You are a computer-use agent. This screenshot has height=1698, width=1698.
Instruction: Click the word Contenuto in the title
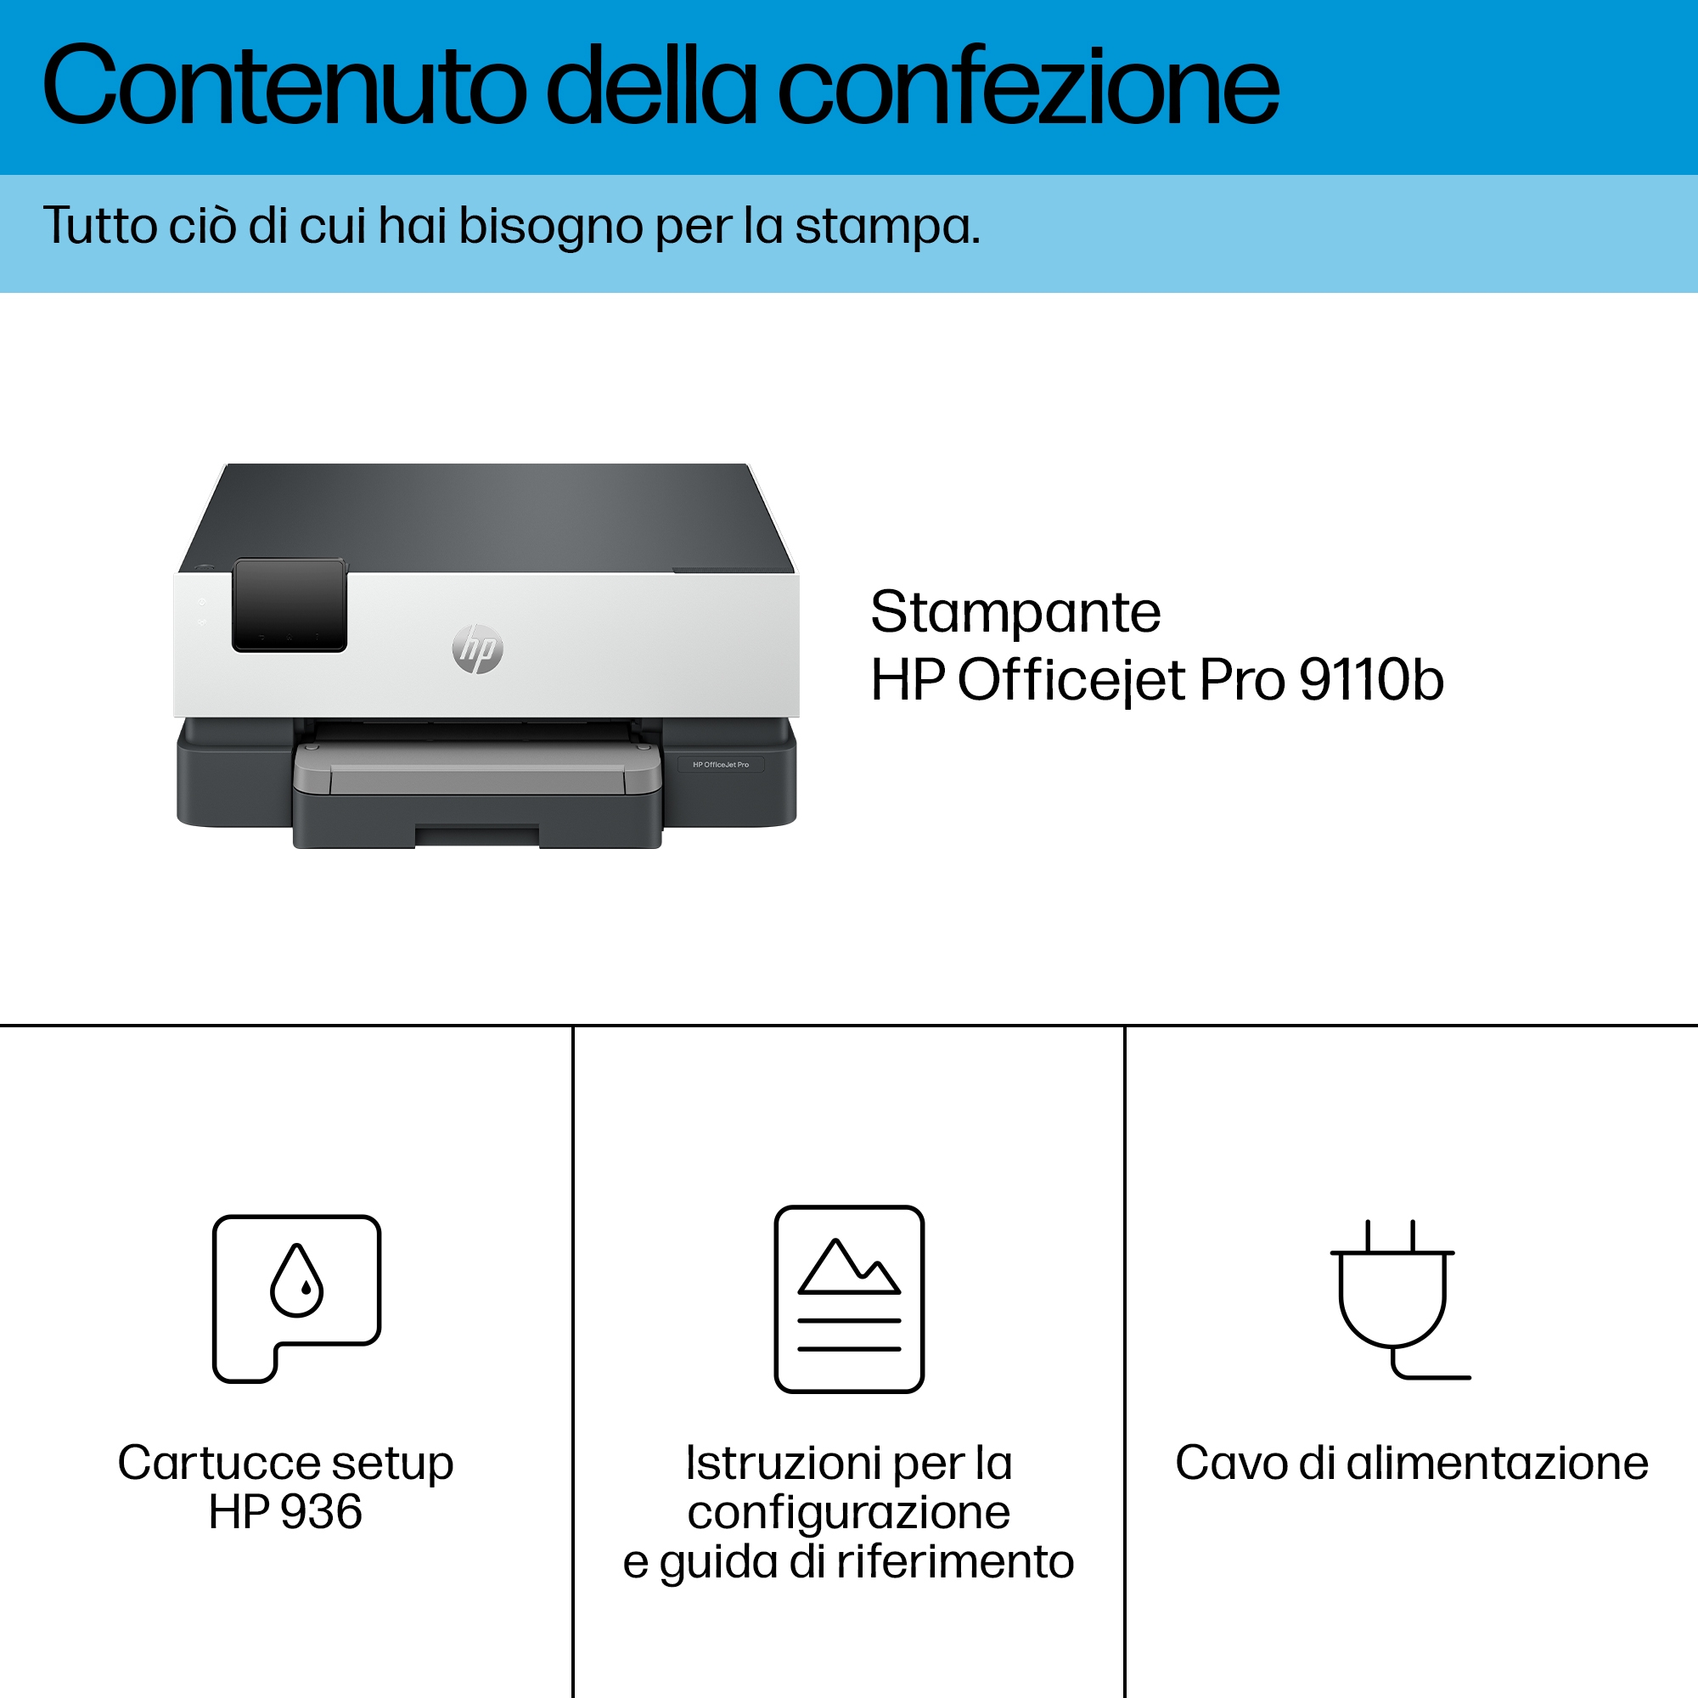pyautogui.click(x=284, y=86)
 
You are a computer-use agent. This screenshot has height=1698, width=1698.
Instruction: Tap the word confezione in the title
pyautogui.click(x=1028, y=84)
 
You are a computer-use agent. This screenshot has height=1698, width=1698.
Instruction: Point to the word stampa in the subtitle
pyautogui.click(x=888, y=228)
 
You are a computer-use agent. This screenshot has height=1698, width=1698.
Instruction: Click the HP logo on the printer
pyautogui.click(x=478, y=649)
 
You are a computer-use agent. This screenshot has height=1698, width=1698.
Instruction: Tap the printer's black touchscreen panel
pyautogui.click(x=290, y=604)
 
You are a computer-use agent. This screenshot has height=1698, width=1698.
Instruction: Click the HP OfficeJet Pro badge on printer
pyautogui.click(x=721, y=765)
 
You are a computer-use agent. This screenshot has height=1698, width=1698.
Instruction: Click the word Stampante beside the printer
pyautogui.click(x=1015, y=613)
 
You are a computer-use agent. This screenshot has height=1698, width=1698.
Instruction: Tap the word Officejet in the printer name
pyautogui.click(x=1071, y=681)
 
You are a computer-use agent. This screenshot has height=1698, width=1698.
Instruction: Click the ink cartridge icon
pyautogui.click(x=297, y=1298)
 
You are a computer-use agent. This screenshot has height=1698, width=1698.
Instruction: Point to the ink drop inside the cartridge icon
pyautogui.click(x=297, y=1279)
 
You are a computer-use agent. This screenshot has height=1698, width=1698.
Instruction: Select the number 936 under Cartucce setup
pyautogui.click(x=322, y=1512)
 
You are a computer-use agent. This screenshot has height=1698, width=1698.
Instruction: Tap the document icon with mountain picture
pyautogui.click(x=849, y=1298)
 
